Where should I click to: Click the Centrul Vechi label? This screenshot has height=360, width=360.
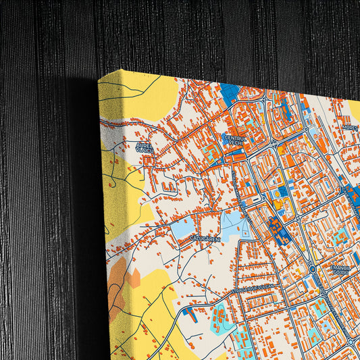(x=234, y=139)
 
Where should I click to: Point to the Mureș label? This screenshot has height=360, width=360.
(x=350, y=126)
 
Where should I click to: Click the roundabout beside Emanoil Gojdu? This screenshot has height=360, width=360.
(x=312, y=269)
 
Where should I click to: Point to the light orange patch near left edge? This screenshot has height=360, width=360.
(x=134, y=276)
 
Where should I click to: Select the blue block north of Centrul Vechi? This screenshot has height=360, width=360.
(x=231, y=93)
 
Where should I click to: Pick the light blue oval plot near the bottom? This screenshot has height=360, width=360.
(x=220, y=314)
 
